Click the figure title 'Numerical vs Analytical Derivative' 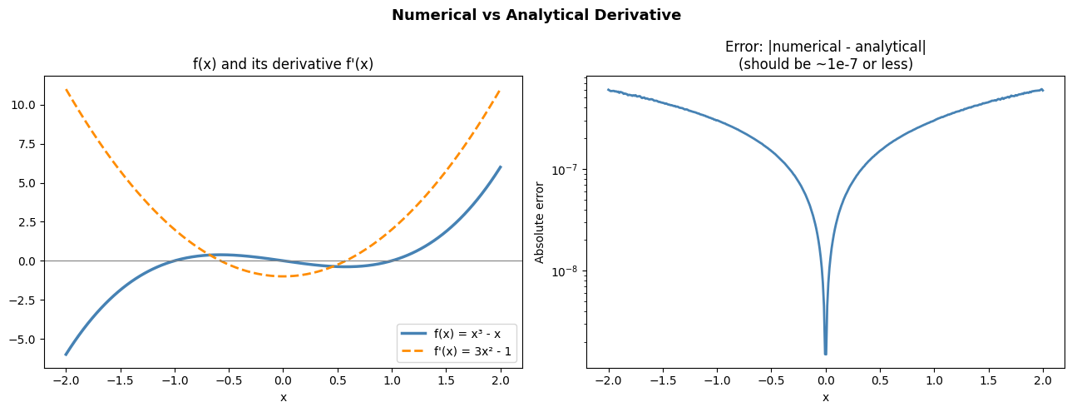[536, 15]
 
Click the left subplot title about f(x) [283, 64]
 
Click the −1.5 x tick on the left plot [120, 381]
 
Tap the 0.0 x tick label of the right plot [825, 381]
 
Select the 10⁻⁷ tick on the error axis [565, 170]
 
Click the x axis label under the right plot [825, 397]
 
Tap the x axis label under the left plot [283, 397]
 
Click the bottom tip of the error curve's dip [825, 354]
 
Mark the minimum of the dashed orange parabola [283, 276]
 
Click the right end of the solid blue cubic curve [500, 166]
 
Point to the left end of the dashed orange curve [66, 89]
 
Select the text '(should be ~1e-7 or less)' [825, 64]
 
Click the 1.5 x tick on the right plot [987, 381]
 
